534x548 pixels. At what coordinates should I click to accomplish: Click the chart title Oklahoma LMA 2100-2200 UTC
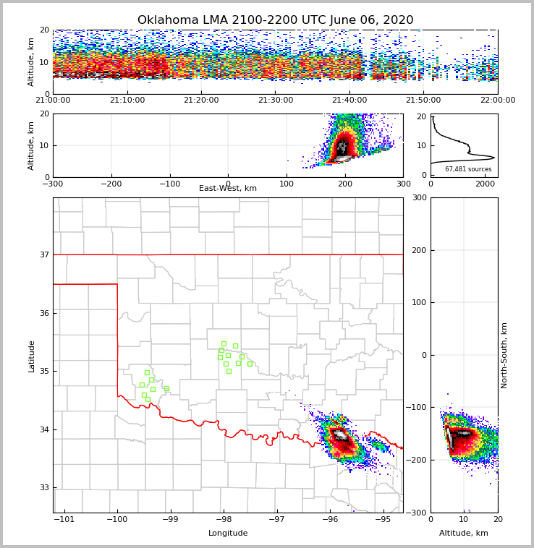(275, 20)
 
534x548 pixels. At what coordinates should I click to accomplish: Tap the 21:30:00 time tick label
(275, 100)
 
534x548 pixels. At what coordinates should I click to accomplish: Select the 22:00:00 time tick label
(497, 100)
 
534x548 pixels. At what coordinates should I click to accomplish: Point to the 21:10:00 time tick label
(127, 100)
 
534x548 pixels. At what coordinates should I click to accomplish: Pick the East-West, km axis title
(228, 189)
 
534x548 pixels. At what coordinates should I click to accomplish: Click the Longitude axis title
(228, 534)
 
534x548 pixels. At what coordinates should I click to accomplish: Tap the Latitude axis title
(31, 356)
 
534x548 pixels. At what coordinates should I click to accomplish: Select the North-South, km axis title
(505, 355)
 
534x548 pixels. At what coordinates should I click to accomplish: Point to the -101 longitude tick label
(65, 519)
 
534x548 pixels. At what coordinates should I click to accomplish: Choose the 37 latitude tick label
(44, 254)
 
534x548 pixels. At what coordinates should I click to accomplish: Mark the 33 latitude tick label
(44, 488)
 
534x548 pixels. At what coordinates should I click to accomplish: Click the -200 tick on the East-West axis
(111, 184)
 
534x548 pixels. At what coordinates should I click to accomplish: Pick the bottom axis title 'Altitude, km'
(464, 534)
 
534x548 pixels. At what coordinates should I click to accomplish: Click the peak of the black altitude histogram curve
(494, 158)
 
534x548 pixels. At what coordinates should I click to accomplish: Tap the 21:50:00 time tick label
(423, 100)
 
